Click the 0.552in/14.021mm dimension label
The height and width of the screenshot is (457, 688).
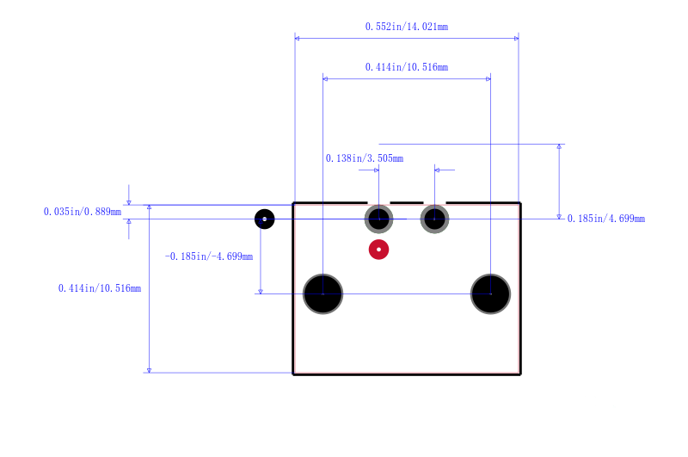(407, 27)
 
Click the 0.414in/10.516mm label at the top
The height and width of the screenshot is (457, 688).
(407, 67)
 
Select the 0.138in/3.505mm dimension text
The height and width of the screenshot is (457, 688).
(364, 158)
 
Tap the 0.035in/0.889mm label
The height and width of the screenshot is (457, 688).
(83, 212)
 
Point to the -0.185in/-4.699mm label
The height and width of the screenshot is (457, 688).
(209, 256)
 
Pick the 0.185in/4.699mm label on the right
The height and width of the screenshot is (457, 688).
(606, 219)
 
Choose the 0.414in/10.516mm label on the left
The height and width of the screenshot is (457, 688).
(100, 288)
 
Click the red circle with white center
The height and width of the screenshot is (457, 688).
(378, 250)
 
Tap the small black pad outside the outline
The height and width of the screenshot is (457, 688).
(265, 219)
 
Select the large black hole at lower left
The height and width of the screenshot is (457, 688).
(323, 293)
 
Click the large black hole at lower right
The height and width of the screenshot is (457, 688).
(490, 293)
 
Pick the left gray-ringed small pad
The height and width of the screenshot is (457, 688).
(378, 219)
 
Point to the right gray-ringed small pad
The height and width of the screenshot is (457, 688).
(434, 219)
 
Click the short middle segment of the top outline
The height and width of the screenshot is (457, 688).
(407, 203)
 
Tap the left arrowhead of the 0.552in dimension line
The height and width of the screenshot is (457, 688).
(297, 39)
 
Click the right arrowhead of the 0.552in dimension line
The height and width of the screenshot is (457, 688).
(517, 39)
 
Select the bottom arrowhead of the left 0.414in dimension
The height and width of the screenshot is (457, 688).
(149, 371)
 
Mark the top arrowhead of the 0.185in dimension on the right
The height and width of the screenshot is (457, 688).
(559, 146)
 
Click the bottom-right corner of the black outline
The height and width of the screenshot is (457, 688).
(520, 374)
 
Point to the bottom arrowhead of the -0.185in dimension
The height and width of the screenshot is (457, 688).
(261, 292)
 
